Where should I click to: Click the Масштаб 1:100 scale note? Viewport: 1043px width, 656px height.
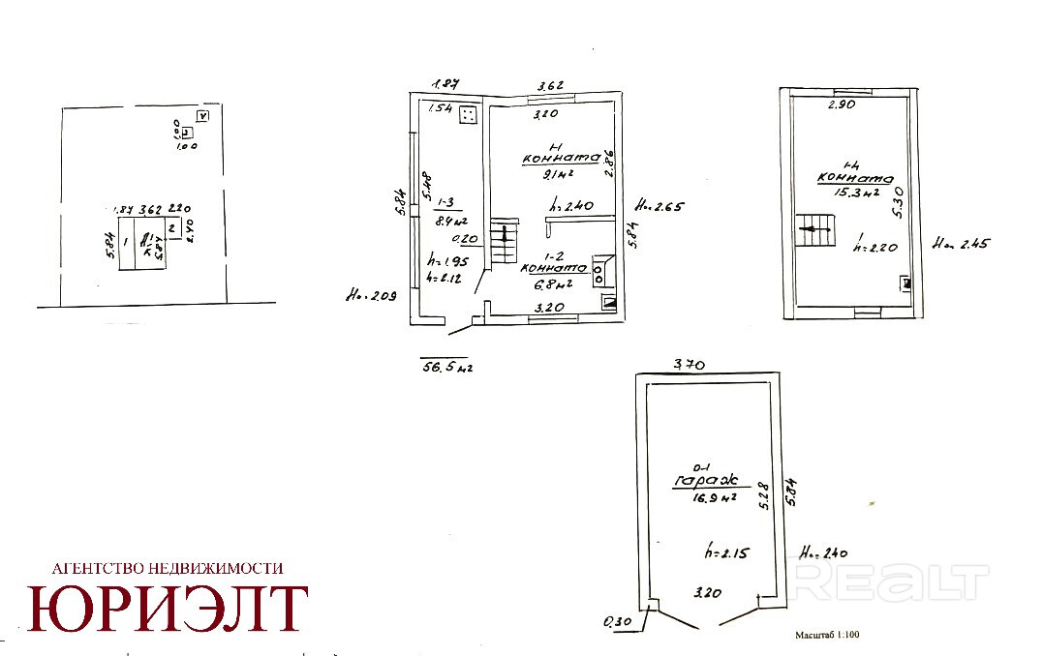pos(826,636)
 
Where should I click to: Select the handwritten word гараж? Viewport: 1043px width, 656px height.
pos(707,480)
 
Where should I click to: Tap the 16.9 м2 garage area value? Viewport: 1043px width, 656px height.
pos(709,498)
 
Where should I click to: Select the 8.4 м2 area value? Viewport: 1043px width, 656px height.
pos(447,221)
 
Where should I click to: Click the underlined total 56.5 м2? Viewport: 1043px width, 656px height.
pos(446,367)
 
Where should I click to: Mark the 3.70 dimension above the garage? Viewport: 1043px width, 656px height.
pos(690,365)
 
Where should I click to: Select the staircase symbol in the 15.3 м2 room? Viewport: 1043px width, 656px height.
pos(816,231)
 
